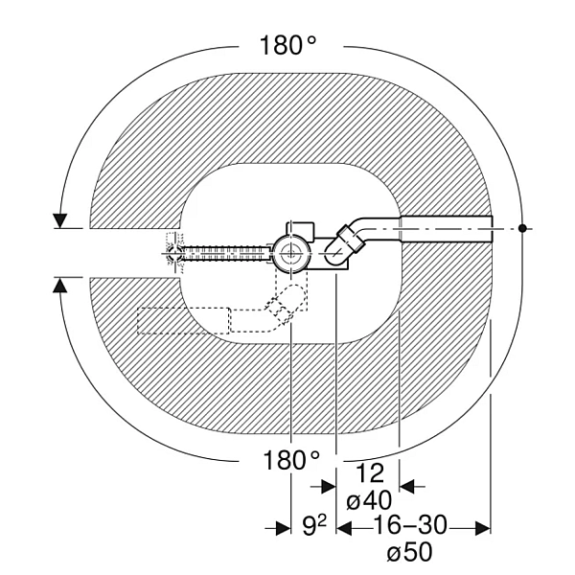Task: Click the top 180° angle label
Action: click(287, 45)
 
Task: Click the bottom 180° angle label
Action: click(291, 460)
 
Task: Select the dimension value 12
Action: click(370, 473)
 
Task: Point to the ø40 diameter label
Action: click(369, 500)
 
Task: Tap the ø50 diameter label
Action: click(409, 552)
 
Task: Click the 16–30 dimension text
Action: click(410, 525)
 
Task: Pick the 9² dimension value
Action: click(314, 526)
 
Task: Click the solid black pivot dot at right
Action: click(522, 228)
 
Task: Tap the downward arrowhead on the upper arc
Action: click(59, 220)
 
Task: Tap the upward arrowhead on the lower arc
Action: click(59, 285)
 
